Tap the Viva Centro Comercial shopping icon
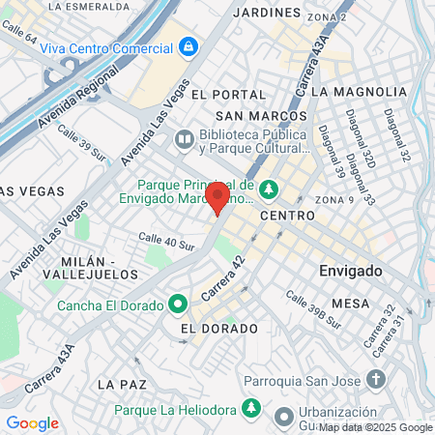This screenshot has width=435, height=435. [x=187, y=45]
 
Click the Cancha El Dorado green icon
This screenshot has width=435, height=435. [x=178, y=305]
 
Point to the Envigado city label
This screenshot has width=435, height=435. [x=351, y=270]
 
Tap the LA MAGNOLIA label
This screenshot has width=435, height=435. [x=360, y=91]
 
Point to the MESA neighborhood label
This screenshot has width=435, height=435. [x=350, y=303]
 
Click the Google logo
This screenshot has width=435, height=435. [x=32, y=422]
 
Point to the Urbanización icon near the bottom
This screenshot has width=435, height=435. [x=283, y=418]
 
